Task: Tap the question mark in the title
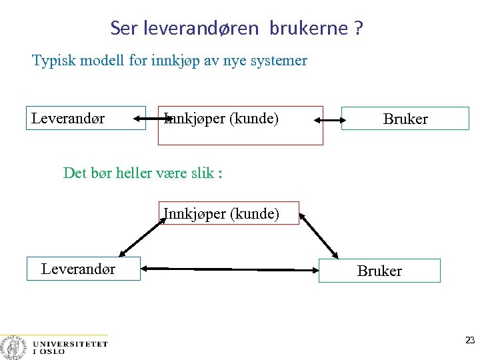click(359, 29)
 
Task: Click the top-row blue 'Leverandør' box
click(85, 118)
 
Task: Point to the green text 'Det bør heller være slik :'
click(143, 173)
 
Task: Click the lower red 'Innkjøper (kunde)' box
click(229, 213)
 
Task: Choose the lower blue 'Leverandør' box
click(83, 269)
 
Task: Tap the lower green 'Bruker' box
click(379, 271)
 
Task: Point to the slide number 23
click(470, 340)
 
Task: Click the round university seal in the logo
click(12, 347)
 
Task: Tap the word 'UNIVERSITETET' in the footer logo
click(69, 344)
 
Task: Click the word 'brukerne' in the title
click(309, 29)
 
